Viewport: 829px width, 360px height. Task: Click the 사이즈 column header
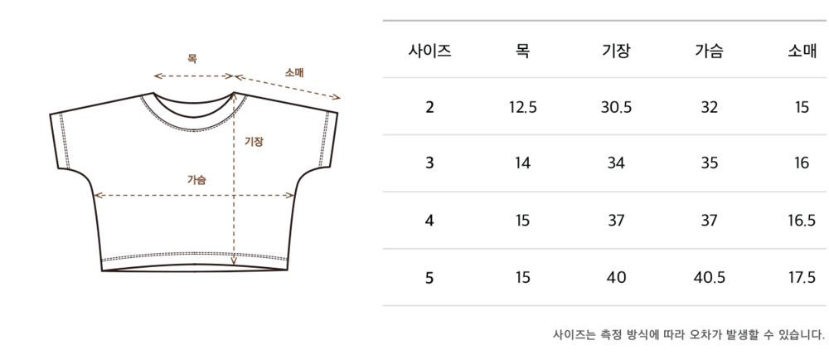(x=429, y=51)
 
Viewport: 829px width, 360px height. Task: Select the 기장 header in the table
(x=616, y=51)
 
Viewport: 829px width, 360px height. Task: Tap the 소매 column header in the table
(x=802, y=51)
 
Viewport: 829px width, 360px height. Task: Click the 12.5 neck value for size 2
(x=523, y=106)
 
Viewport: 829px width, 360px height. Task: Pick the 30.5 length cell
(x=616, y=106)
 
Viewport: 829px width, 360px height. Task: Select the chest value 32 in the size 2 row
(x=709, y=106)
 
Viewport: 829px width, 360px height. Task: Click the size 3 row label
(x=429, y=163)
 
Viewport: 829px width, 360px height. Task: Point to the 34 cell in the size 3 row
(x=616, y=163)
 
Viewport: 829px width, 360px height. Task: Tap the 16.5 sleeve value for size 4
(x=802, y=221)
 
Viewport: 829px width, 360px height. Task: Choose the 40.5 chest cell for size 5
(x=709, y=277)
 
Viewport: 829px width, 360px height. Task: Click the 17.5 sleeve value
(x=802, y=277)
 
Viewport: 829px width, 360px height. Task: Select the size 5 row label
(x=429, y=277)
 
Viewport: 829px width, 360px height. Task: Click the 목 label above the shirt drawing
(x=192, y=59)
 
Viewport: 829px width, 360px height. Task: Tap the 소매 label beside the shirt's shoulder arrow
(x=294, y=73)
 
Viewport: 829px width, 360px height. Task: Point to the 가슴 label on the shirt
(x=196, y=179)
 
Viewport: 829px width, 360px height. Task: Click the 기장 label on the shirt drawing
(x=254, y=142)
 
